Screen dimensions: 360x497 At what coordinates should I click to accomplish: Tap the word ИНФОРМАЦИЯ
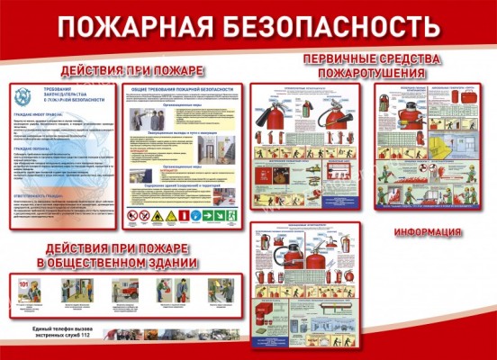coord(429,231)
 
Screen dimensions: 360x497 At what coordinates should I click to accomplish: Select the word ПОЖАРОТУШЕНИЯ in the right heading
coord(371,72)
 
